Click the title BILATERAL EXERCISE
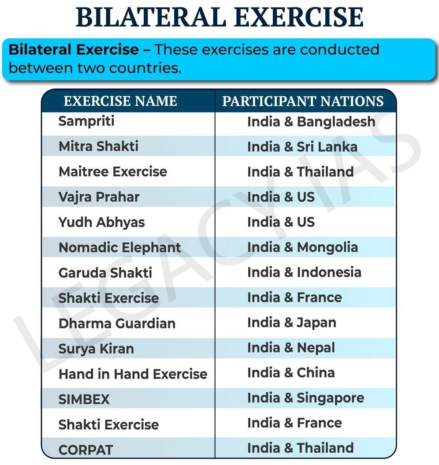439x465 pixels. [219, 18]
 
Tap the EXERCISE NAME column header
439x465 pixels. [120, 101]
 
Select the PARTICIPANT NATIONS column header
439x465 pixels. [303, 101]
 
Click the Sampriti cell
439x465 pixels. [86, 121]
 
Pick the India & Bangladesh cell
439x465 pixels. [311, 122]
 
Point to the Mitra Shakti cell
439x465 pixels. [98, 146]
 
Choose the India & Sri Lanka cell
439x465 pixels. [302, 147]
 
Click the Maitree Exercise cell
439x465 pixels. [113, 171]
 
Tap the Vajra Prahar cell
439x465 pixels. [99, 197]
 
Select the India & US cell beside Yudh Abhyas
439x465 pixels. [281, 222]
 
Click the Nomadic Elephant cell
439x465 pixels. [120, 247]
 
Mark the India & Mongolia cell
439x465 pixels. [302, 247]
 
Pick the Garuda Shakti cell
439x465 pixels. [105, 272]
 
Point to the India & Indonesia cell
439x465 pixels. [304, 272]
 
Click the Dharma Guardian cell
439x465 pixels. [117, 323]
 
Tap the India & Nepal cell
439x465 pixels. [291, 348]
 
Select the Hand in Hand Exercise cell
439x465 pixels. [133, 374]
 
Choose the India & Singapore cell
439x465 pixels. [306, 398]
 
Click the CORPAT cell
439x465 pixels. [86, 450]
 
